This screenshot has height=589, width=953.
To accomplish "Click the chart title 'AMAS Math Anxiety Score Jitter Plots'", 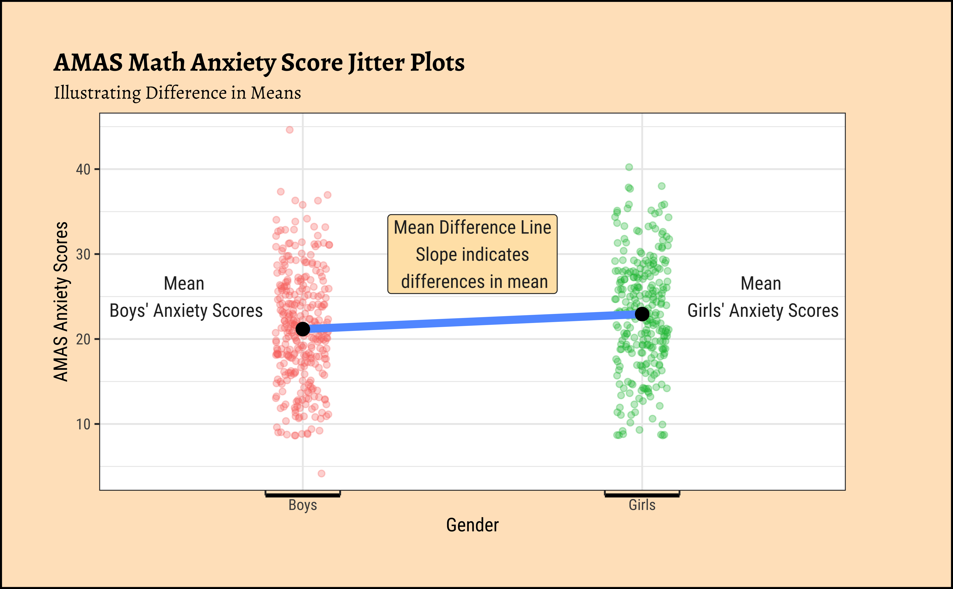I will (259, 62).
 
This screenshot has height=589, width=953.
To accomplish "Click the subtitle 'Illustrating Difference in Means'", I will (177, 93).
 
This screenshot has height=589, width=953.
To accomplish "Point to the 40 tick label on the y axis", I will (83, 170).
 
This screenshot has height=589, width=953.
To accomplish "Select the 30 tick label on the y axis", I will (83, 254).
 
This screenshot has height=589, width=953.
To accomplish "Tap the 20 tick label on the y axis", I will (83, 339).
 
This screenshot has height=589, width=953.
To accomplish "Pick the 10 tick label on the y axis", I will (83, 424).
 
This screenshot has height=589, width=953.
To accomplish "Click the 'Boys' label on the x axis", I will (303, 505).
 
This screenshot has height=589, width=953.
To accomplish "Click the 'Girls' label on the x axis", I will (642, 505).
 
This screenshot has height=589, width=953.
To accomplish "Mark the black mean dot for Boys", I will (303, 329).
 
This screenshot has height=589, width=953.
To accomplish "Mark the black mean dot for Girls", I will (642, 314).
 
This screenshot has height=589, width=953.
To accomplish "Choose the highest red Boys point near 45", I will (289, 130).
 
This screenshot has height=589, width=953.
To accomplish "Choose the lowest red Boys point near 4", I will (321, 473).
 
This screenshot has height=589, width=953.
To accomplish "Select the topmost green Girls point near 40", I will (629, 167).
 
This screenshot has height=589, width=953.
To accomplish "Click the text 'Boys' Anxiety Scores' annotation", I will (186, 311).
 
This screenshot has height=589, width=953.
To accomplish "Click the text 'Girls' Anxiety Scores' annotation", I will (763, 311).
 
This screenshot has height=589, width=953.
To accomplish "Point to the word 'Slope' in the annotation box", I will (430, 255).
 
